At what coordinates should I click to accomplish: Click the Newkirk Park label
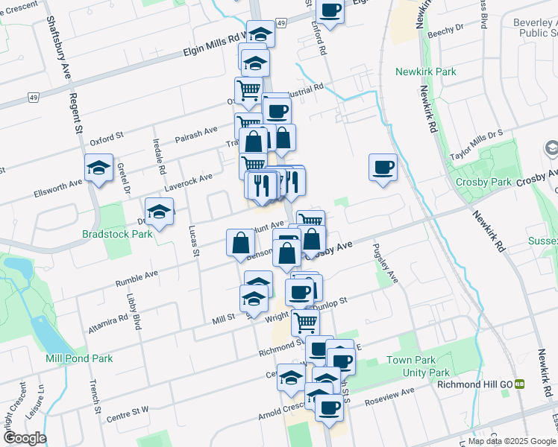click(426, 72)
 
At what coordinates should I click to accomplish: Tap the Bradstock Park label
click(117, 233)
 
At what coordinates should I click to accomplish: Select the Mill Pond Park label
click(79, 358)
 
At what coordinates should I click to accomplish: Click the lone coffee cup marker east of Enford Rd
click(383, 167)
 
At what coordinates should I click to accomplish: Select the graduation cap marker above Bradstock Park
click(159, 212)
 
